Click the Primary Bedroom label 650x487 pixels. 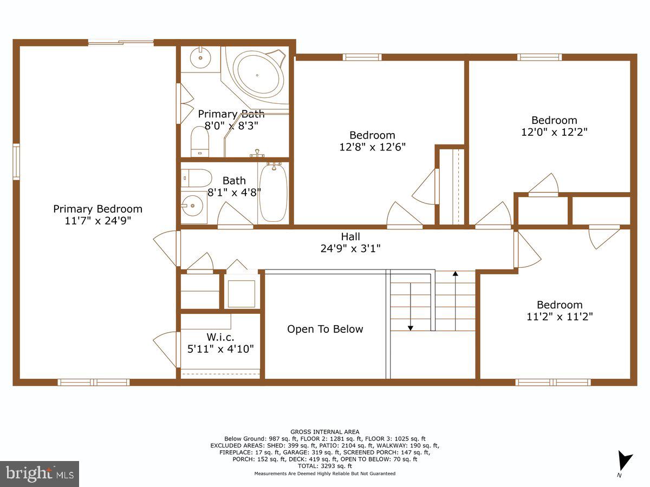pos(97,209)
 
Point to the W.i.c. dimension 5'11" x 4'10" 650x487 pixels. pos(220,349)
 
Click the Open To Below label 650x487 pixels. pos(325,329)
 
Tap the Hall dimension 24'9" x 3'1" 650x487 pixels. pos(350,249)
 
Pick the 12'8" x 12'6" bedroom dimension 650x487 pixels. pos(372,147)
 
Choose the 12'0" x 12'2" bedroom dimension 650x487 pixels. pos(554,131)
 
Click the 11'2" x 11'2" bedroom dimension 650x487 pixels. pos(560,317)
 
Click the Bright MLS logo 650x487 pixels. pos(40,473)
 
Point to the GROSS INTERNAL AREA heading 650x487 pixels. pos(325,432)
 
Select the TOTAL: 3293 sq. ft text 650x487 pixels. pos(325,466)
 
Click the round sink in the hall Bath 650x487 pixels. pos(192,206)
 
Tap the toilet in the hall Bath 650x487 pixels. pos(196,178)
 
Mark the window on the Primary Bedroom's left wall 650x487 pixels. pos(16,161)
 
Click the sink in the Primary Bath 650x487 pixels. pos(200,56)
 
